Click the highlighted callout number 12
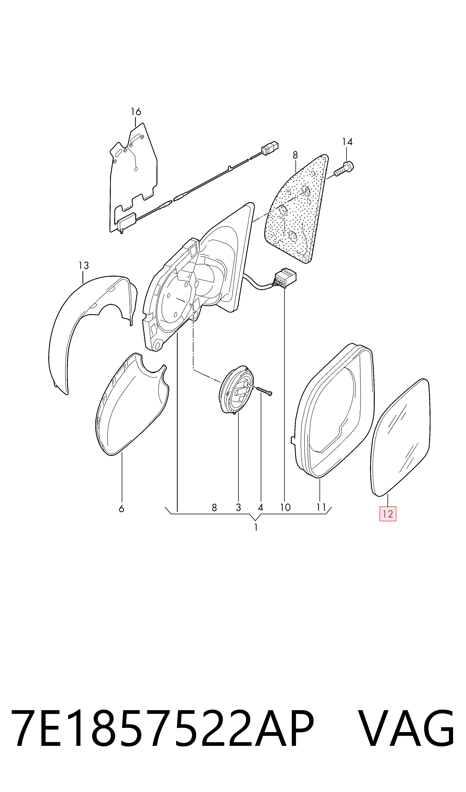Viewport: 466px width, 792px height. (x=388, y=514)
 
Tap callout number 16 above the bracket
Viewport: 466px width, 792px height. (x=136, y=112)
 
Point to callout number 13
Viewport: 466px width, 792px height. (x=84, y=266)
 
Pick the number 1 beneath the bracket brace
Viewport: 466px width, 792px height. (x=256, y=527)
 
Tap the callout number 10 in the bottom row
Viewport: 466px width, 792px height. (x=285, y=507)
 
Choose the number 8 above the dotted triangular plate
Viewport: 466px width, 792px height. (x=295, y=155)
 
